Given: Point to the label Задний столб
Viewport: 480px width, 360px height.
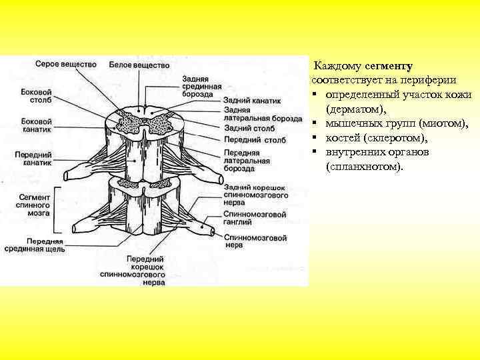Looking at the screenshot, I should (247, 127).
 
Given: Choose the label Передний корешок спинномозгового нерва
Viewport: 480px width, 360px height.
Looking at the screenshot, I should (144, 269).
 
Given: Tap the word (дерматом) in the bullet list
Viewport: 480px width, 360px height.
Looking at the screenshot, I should (357, 108).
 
